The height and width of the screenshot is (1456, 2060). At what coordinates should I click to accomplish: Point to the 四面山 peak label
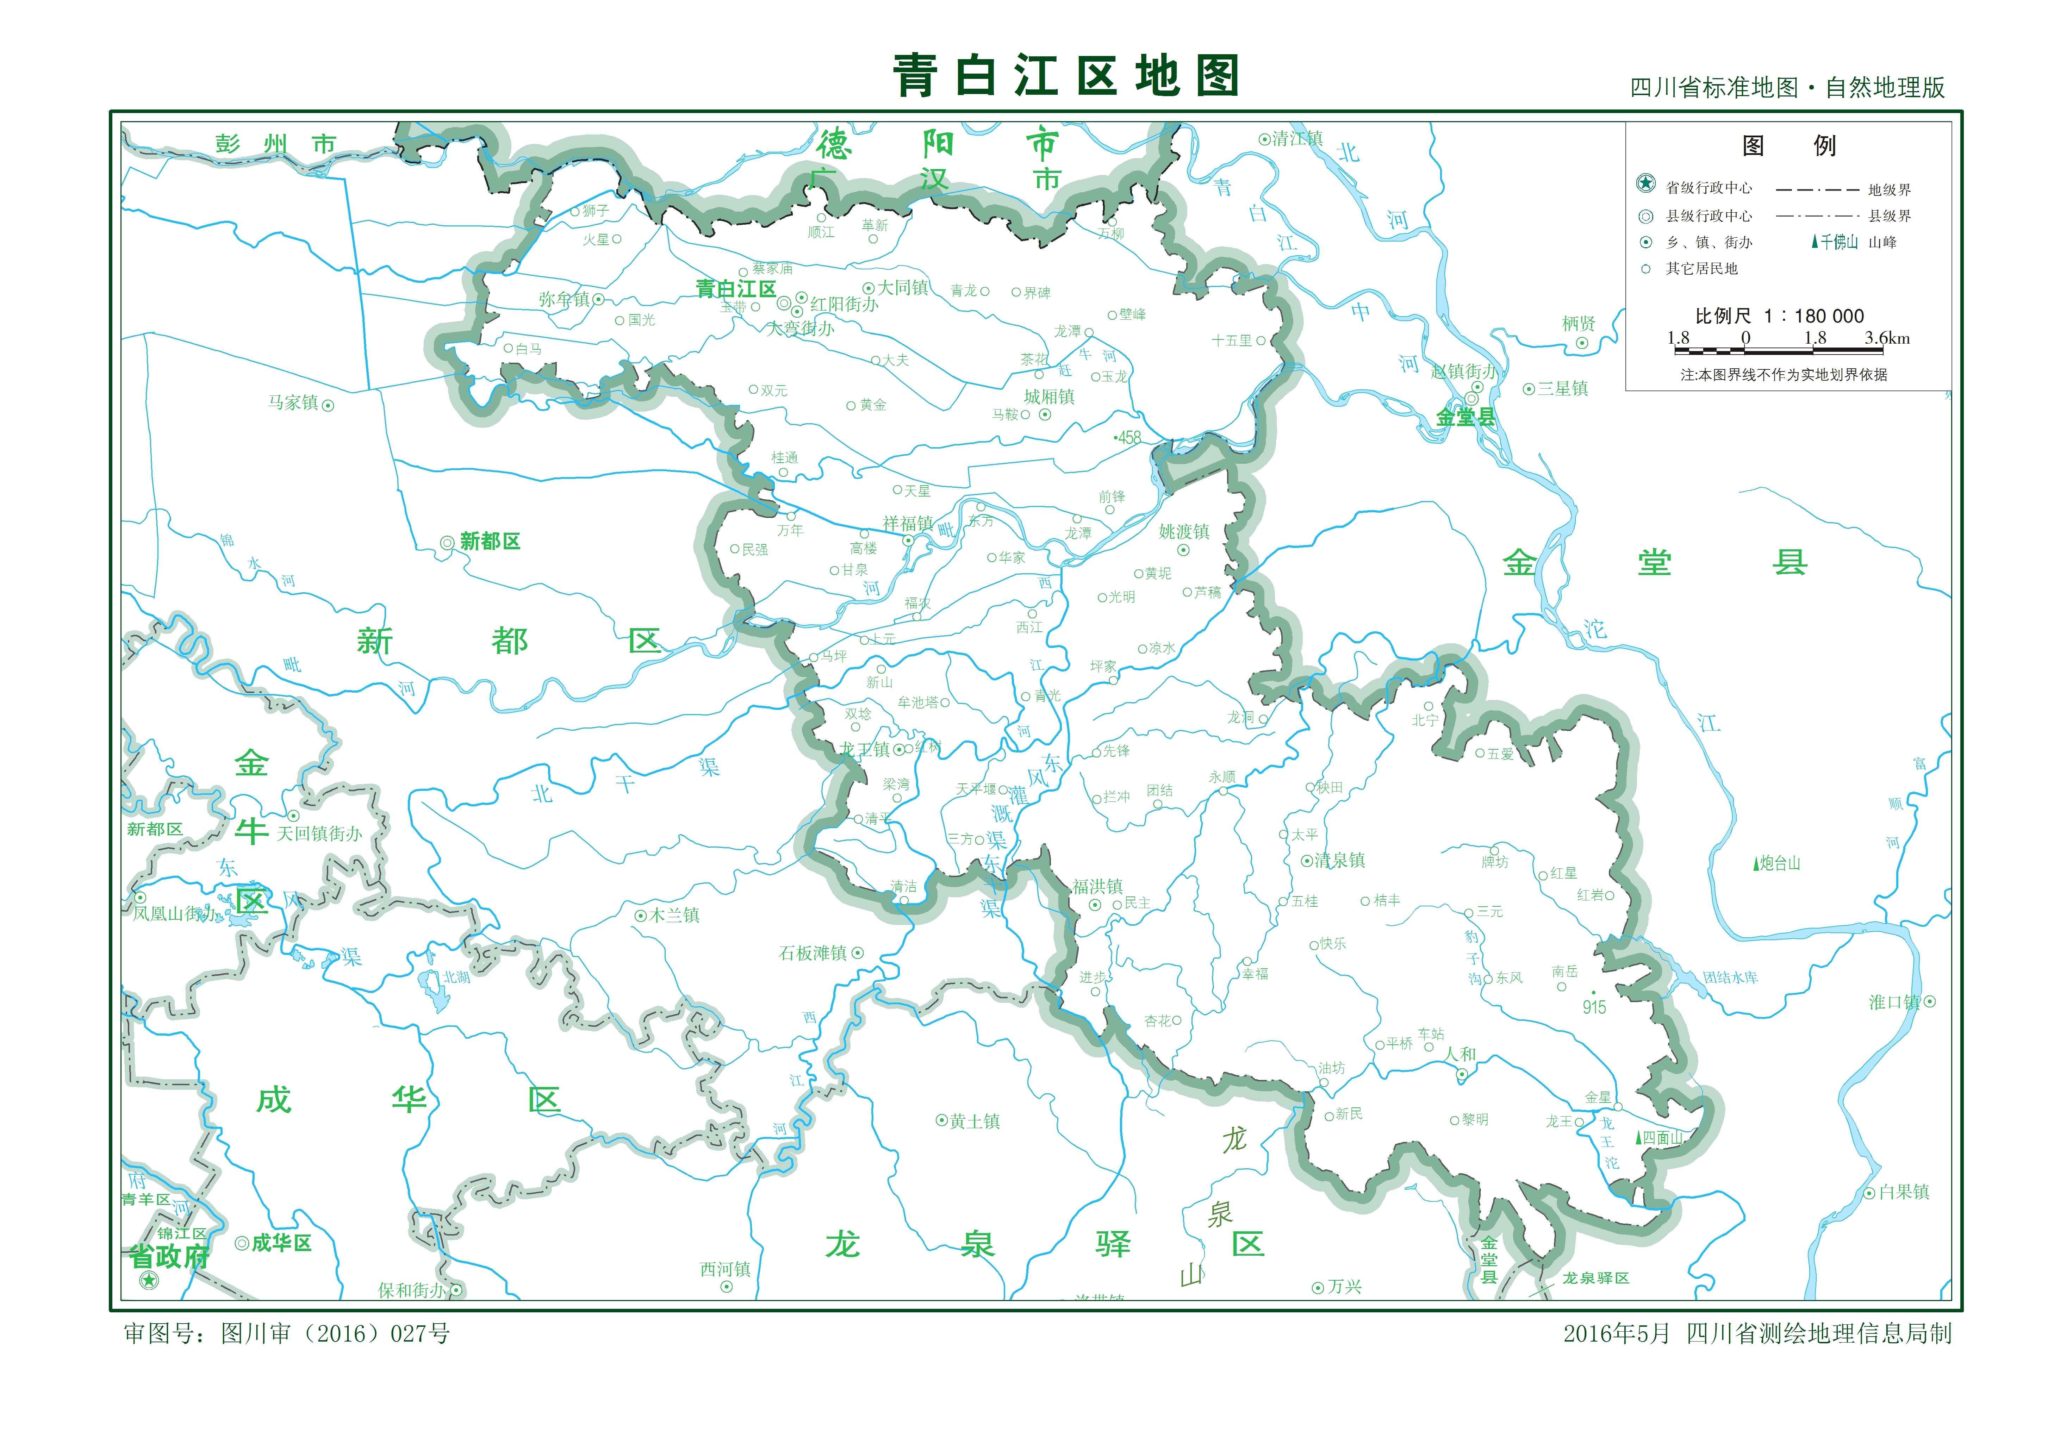(1662, 1138)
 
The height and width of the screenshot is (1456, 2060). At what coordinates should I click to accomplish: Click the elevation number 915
(1594, 1007)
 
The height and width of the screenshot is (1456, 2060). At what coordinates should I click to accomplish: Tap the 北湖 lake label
(456, 977)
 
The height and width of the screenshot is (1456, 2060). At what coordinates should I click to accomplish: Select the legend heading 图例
(1788, 146)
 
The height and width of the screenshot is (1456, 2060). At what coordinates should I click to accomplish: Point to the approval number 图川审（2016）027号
(335, 1334)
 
